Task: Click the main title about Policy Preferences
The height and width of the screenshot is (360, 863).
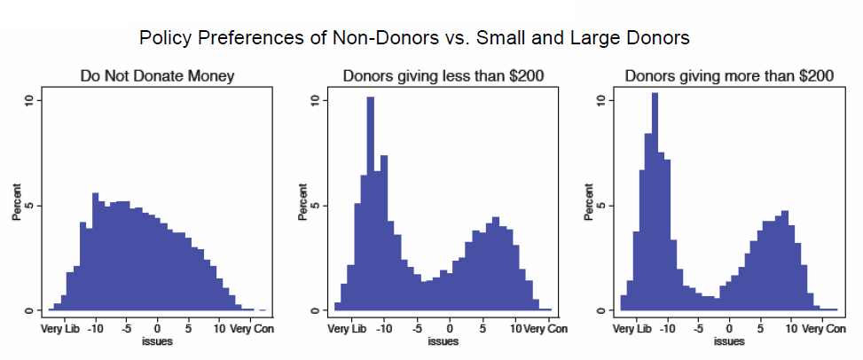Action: click(x=414, y=38)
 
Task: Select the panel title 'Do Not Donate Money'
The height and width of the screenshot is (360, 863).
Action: click(x=157, y=76)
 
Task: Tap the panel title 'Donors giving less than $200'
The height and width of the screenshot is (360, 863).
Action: click(x=443, y=76)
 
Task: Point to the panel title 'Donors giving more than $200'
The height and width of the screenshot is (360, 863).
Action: click(x=729, y=76)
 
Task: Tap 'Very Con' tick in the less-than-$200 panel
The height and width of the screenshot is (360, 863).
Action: click(x=545, y=329)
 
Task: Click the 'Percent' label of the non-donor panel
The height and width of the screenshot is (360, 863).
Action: click(x=17, y=205)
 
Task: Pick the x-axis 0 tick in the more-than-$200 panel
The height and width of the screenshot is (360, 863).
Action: click(x=729, y=329)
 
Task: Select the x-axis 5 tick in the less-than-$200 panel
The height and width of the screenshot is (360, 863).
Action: click(x=482, y=329)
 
